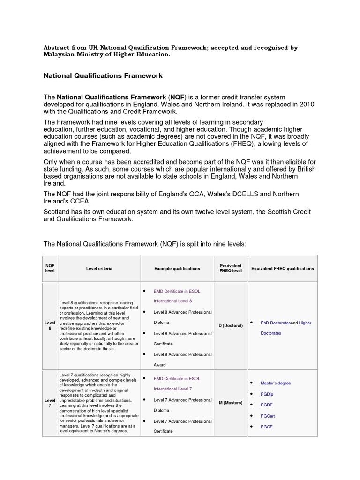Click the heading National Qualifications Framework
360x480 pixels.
click(x=103, y=75)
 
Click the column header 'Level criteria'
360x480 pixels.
click(x=99, y=269)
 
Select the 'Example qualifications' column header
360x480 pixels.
click(x=177, y=269)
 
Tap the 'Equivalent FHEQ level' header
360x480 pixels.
click(x=230, y=269)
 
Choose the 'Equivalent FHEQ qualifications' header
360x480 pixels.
click(x=283, y=269)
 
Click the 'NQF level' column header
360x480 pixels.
click(x=50, y=269)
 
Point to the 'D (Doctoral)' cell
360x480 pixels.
click(x=230, y=325)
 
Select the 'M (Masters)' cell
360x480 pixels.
click(x=230, y=403)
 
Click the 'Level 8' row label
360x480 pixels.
click(x=50, y=325)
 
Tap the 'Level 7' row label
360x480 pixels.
click(x=50, y=403)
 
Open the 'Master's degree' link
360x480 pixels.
click(x=276, y=383)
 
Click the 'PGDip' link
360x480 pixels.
click(x=267, y=394)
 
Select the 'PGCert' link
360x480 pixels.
click(x=268, y=416)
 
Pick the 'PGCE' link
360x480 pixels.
click(x=267, y=427)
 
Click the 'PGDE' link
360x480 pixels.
click(x=267, y=405)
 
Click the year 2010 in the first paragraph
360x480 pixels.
click(x=306, y=105)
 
